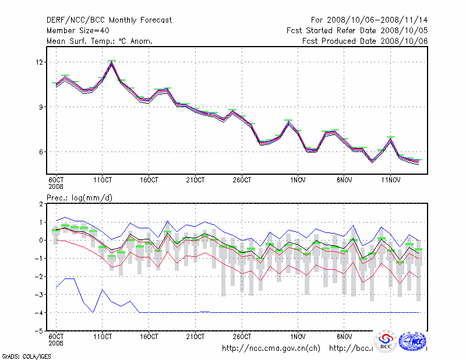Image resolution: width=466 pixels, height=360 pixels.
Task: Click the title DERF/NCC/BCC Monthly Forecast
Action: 109,20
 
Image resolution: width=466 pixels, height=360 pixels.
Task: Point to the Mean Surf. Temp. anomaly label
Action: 100,41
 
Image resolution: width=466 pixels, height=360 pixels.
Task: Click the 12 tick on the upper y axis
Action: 40,62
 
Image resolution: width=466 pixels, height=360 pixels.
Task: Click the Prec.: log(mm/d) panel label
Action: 79,197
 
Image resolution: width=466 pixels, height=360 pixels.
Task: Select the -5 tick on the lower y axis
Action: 40,330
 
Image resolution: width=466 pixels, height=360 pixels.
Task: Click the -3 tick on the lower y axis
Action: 40,294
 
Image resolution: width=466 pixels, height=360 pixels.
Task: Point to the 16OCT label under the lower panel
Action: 149,336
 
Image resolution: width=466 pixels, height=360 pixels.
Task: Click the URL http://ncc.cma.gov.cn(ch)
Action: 271,348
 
